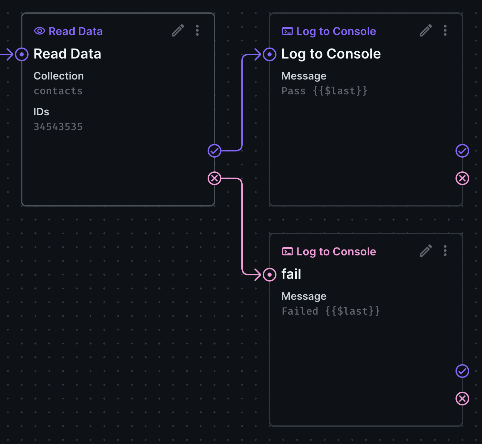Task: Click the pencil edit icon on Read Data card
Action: [x=178, y=31]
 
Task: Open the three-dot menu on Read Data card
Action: [x=197, y=31]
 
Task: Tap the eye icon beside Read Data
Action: [x=40, y=31]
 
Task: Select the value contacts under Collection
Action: [x=58, y=91]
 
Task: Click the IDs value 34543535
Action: [x=58, y=127]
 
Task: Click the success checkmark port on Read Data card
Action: [x=214, y=151]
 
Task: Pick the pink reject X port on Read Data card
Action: [x=214, y=178]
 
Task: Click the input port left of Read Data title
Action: [x=22, y=54]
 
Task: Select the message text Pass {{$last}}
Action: [x=324, y=91]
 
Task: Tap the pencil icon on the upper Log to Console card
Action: [x=426, y=31]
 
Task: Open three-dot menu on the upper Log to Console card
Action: [x=445, y=31]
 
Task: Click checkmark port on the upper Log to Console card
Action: [x=462, y=151]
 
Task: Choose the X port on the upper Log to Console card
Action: [x=462, y=178]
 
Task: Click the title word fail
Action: [x=291, y=274]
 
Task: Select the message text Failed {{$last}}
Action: [x=331, y=311]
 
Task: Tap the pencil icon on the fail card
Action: [x=426, y=251]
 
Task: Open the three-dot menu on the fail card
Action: [x=445, y=251]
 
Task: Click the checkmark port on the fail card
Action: [x=462, y=371]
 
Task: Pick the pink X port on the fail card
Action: [x=462, y=399]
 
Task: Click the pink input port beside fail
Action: [x=270, y=275]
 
